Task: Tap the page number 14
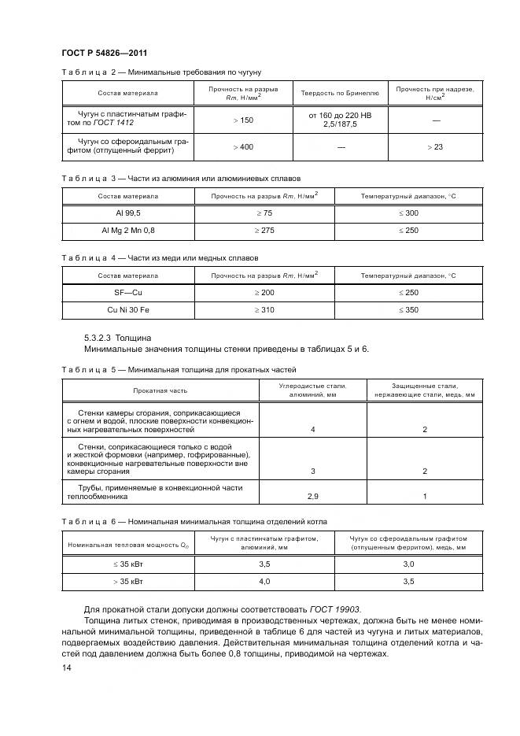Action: (x=66, y=668)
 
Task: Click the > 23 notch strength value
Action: (x=435, y=147)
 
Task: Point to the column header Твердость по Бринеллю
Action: (x=340, y=94)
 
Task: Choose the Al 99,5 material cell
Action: (x=128, y=213)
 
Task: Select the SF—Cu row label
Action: (x=128, y=294)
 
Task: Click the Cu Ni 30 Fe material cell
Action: (x=128, y=310)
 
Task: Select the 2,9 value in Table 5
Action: (x=313, y=497)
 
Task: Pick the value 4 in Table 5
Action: (x=313, y=430)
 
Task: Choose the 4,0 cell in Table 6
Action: (x=264, y=581)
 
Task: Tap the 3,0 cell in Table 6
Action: (x=408, y=564)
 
